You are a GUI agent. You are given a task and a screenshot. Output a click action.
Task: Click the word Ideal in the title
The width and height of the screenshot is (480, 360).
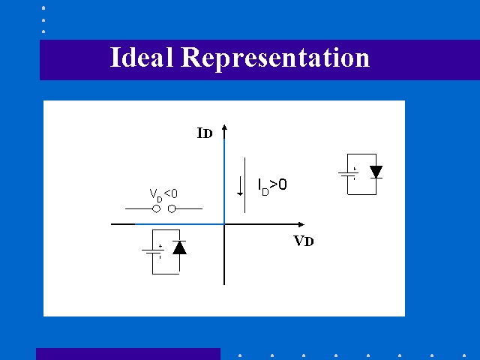pyautogui.click(x=142, y=57)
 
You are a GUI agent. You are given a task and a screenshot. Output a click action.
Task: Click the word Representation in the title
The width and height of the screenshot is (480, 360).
pyautogui.click(x=275, y=59)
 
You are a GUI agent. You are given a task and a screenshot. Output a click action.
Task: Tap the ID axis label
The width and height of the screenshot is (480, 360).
pyautogui.click(x=205, y=133)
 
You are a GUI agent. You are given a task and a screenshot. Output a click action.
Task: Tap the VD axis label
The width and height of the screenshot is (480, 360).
pyautogui.click(x=304, y=241)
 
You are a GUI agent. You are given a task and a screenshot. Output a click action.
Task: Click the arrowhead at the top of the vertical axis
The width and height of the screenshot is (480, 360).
pyautogui.click(x=224, y=127)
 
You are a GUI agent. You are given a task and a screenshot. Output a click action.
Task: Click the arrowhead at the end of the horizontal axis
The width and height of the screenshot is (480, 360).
pyautogui.click(x=301, y=224)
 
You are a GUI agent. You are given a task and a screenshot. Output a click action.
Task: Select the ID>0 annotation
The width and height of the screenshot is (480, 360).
pyautogui.click(x=272, y=186)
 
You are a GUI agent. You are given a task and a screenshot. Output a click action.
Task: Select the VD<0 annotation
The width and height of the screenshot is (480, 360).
pyautogui.click(x=163, y=195)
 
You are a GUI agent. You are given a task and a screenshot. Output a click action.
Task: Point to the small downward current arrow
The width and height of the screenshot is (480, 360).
pyautogui.click(x=240, y=186)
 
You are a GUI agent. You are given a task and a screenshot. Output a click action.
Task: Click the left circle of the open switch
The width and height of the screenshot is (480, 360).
pyautogui.click(x=157, y=208)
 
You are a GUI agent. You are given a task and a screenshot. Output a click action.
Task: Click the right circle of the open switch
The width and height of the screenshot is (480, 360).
pyautogui.click(x=172, y=208)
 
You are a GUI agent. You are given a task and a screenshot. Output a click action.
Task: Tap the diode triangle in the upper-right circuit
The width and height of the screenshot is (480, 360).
pyautogui.click(x=376, y=172)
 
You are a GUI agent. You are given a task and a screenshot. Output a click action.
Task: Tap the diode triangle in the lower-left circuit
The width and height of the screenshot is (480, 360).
pyautogui.click(x=179, y=247)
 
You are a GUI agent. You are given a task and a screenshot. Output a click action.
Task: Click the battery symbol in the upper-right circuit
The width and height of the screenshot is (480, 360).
pyautogui.click(x=348, y=174)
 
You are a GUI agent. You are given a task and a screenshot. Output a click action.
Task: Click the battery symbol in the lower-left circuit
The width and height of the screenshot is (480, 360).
pyautogui.click(x=153, y=252)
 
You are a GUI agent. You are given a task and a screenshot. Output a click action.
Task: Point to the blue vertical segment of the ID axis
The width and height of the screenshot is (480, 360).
pyautogui.click(x=224, y=181)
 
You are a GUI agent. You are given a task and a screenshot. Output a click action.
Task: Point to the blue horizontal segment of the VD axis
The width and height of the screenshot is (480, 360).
pyautogui.click(x=180, y=224)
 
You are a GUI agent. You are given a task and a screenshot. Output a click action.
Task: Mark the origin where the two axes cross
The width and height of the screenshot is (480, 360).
pyautogui.click(x=224, y=224)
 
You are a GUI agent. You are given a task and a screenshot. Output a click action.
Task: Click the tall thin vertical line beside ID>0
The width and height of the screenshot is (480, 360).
pyautogui.click(x=245, y=185)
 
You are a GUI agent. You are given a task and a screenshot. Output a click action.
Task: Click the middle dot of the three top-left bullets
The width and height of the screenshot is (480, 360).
pyautogui.click(x=43, y=20)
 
